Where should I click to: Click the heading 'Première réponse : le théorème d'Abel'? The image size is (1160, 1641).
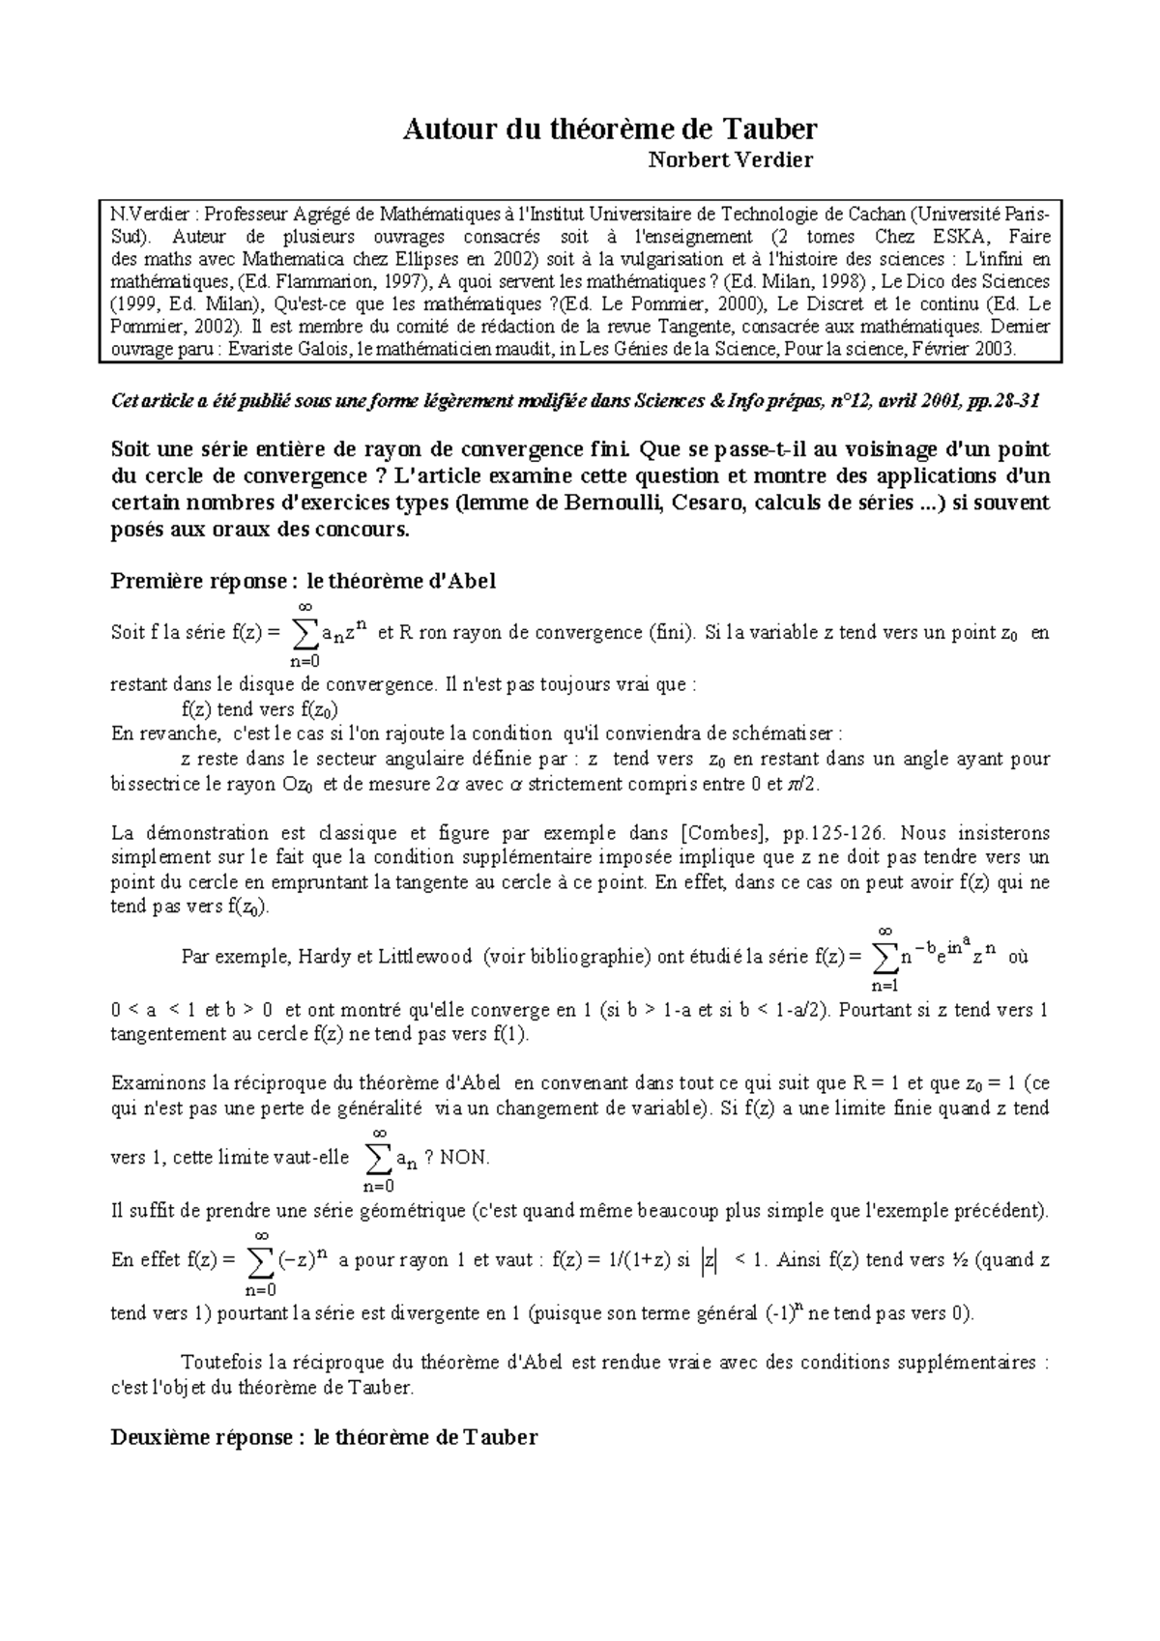point(304,581)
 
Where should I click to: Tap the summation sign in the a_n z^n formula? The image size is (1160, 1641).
point(304,634)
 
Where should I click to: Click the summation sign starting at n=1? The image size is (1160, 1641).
point(884,958)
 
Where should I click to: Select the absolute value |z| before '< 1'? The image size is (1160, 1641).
point(710,1261)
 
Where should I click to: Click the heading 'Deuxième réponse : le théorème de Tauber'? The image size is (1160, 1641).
point(324,1437)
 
